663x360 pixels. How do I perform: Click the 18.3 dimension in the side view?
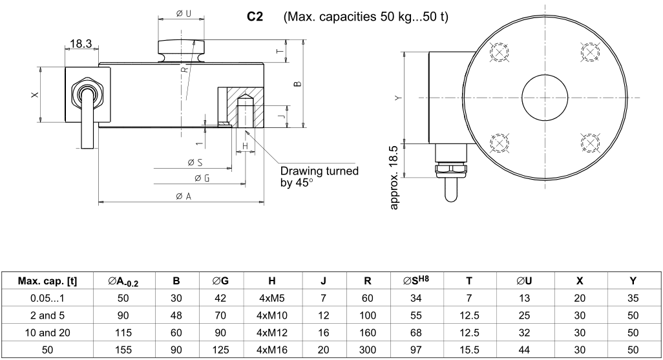(x=80, y=45)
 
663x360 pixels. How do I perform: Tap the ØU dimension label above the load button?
(x=184, y=14)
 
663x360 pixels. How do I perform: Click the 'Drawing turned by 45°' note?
(x=319, y=176)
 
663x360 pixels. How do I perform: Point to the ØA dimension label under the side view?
(x=183, y=196)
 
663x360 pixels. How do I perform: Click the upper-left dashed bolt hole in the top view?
(x=500, y=52)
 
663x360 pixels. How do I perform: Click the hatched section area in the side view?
(x=254, y=107)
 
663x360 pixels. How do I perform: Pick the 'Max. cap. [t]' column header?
(x=47, y=281)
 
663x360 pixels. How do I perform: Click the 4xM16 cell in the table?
(x=271, y=350)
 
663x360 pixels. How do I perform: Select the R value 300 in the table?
(x=368, y=350)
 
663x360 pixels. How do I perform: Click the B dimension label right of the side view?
(x=297, y=84)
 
